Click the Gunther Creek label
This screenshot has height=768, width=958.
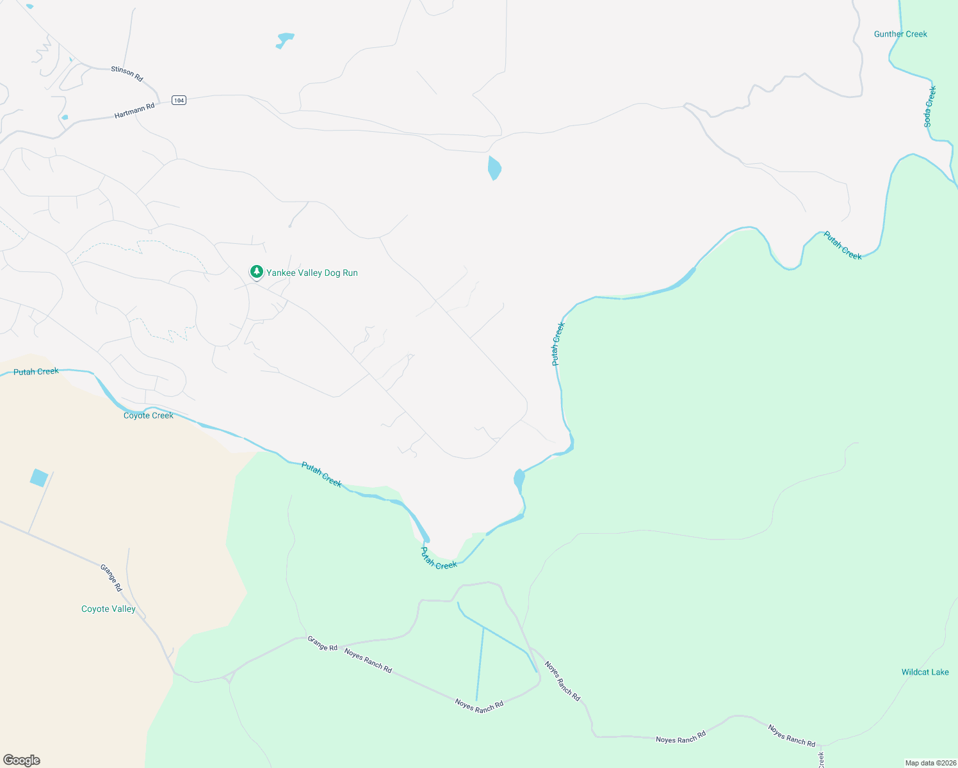click(900, 34)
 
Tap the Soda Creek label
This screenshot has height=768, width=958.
click(930, 106)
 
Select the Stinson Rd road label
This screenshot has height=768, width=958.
click(127, 73)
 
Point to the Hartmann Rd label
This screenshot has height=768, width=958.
click(134, 111)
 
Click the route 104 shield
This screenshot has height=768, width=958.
click(179, 100)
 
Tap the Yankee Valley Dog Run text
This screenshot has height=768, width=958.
click(312, 273)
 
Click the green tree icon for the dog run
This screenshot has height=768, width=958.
click(256, 272)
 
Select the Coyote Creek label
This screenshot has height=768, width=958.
click(149, 415)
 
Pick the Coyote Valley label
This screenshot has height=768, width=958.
click(108, 609)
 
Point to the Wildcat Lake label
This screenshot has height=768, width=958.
click(925, 672)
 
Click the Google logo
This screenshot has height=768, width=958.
click(22, 760)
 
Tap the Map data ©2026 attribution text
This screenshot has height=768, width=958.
click(930, 763)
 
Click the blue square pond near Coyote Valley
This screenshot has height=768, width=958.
click(38, 477)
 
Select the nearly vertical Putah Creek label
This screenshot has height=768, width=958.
click(558, 344)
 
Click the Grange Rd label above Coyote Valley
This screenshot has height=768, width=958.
click(111, 577)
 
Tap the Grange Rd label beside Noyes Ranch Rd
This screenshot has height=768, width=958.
click(322, 643)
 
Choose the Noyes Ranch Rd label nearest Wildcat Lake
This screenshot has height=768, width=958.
click(792, 735)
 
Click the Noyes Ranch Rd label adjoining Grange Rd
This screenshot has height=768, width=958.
click(368, 660)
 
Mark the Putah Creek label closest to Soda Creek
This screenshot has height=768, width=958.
click(843, 245)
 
